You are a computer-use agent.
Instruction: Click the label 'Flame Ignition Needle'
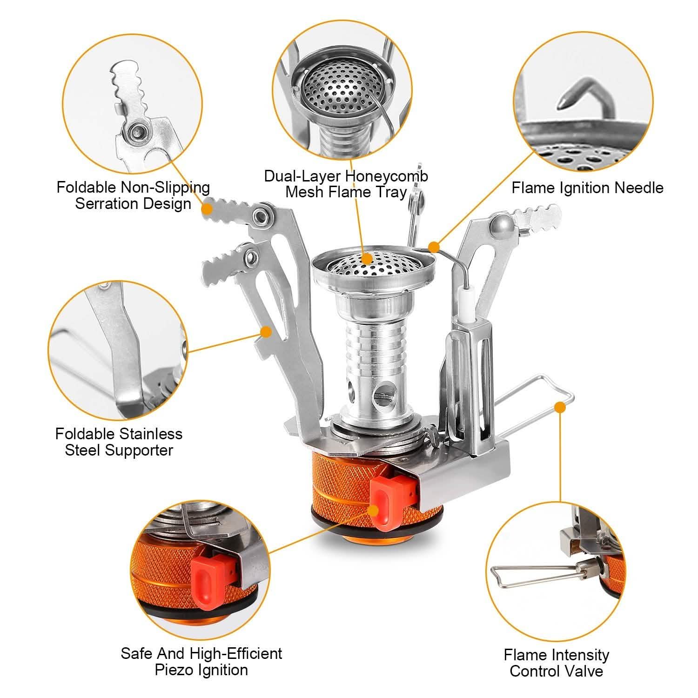[x=587, y=188]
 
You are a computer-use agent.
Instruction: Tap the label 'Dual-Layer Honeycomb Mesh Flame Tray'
[x=346, y=184]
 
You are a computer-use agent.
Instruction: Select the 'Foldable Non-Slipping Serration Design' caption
[x=134, y=195]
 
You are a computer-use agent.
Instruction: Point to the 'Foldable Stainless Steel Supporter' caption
[x=119, y=442]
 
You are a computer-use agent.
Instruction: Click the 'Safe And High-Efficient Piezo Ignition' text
[x=201, y=661]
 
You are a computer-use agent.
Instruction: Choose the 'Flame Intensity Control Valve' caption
[x=556, y=663]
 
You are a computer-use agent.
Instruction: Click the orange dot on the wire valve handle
[x=561, y=408]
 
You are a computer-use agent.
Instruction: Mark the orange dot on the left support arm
[x=266, y=332]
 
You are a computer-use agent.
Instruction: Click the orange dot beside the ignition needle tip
[x=434, y=246]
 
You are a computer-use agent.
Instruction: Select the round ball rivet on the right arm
[x=502, y=224]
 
